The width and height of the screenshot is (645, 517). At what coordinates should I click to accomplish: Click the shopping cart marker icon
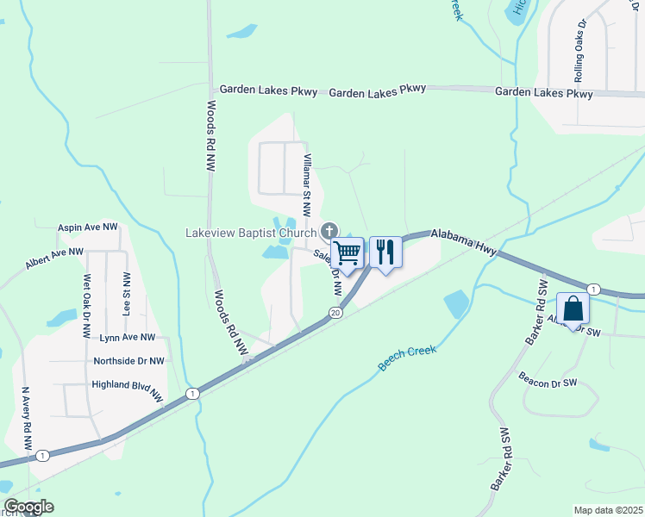(347, 253)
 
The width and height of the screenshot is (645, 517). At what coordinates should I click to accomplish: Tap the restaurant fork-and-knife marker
(385, 252)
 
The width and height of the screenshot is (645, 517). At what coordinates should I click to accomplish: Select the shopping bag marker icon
(573, 310)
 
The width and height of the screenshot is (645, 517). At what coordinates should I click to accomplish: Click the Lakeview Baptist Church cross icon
(328, 231)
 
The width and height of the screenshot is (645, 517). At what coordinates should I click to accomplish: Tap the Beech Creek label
(407, 358)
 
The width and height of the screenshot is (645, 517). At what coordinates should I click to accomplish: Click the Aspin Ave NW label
(87, 227)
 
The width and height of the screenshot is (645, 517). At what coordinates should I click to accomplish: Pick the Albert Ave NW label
(54, 258)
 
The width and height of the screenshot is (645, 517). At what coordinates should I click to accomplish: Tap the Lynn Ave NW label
(128, 338)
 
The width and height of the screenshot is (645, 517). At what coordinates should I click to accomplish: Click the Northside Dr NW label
(128, 361)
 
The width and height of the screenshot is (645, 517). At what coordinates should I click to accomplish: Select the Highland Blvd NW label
(127, 390)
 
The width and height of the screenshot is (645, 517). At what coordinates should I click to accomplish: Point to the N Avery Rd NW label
(28, 420)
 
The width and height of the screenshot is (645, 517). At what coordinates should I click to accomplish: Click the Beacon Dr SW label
(547, 379)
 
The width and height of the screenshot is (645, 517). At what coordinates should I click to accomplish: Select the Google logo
(28, 507)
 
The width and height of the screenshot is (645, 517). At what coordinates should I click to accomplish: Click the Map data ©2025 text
(608, 510)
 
